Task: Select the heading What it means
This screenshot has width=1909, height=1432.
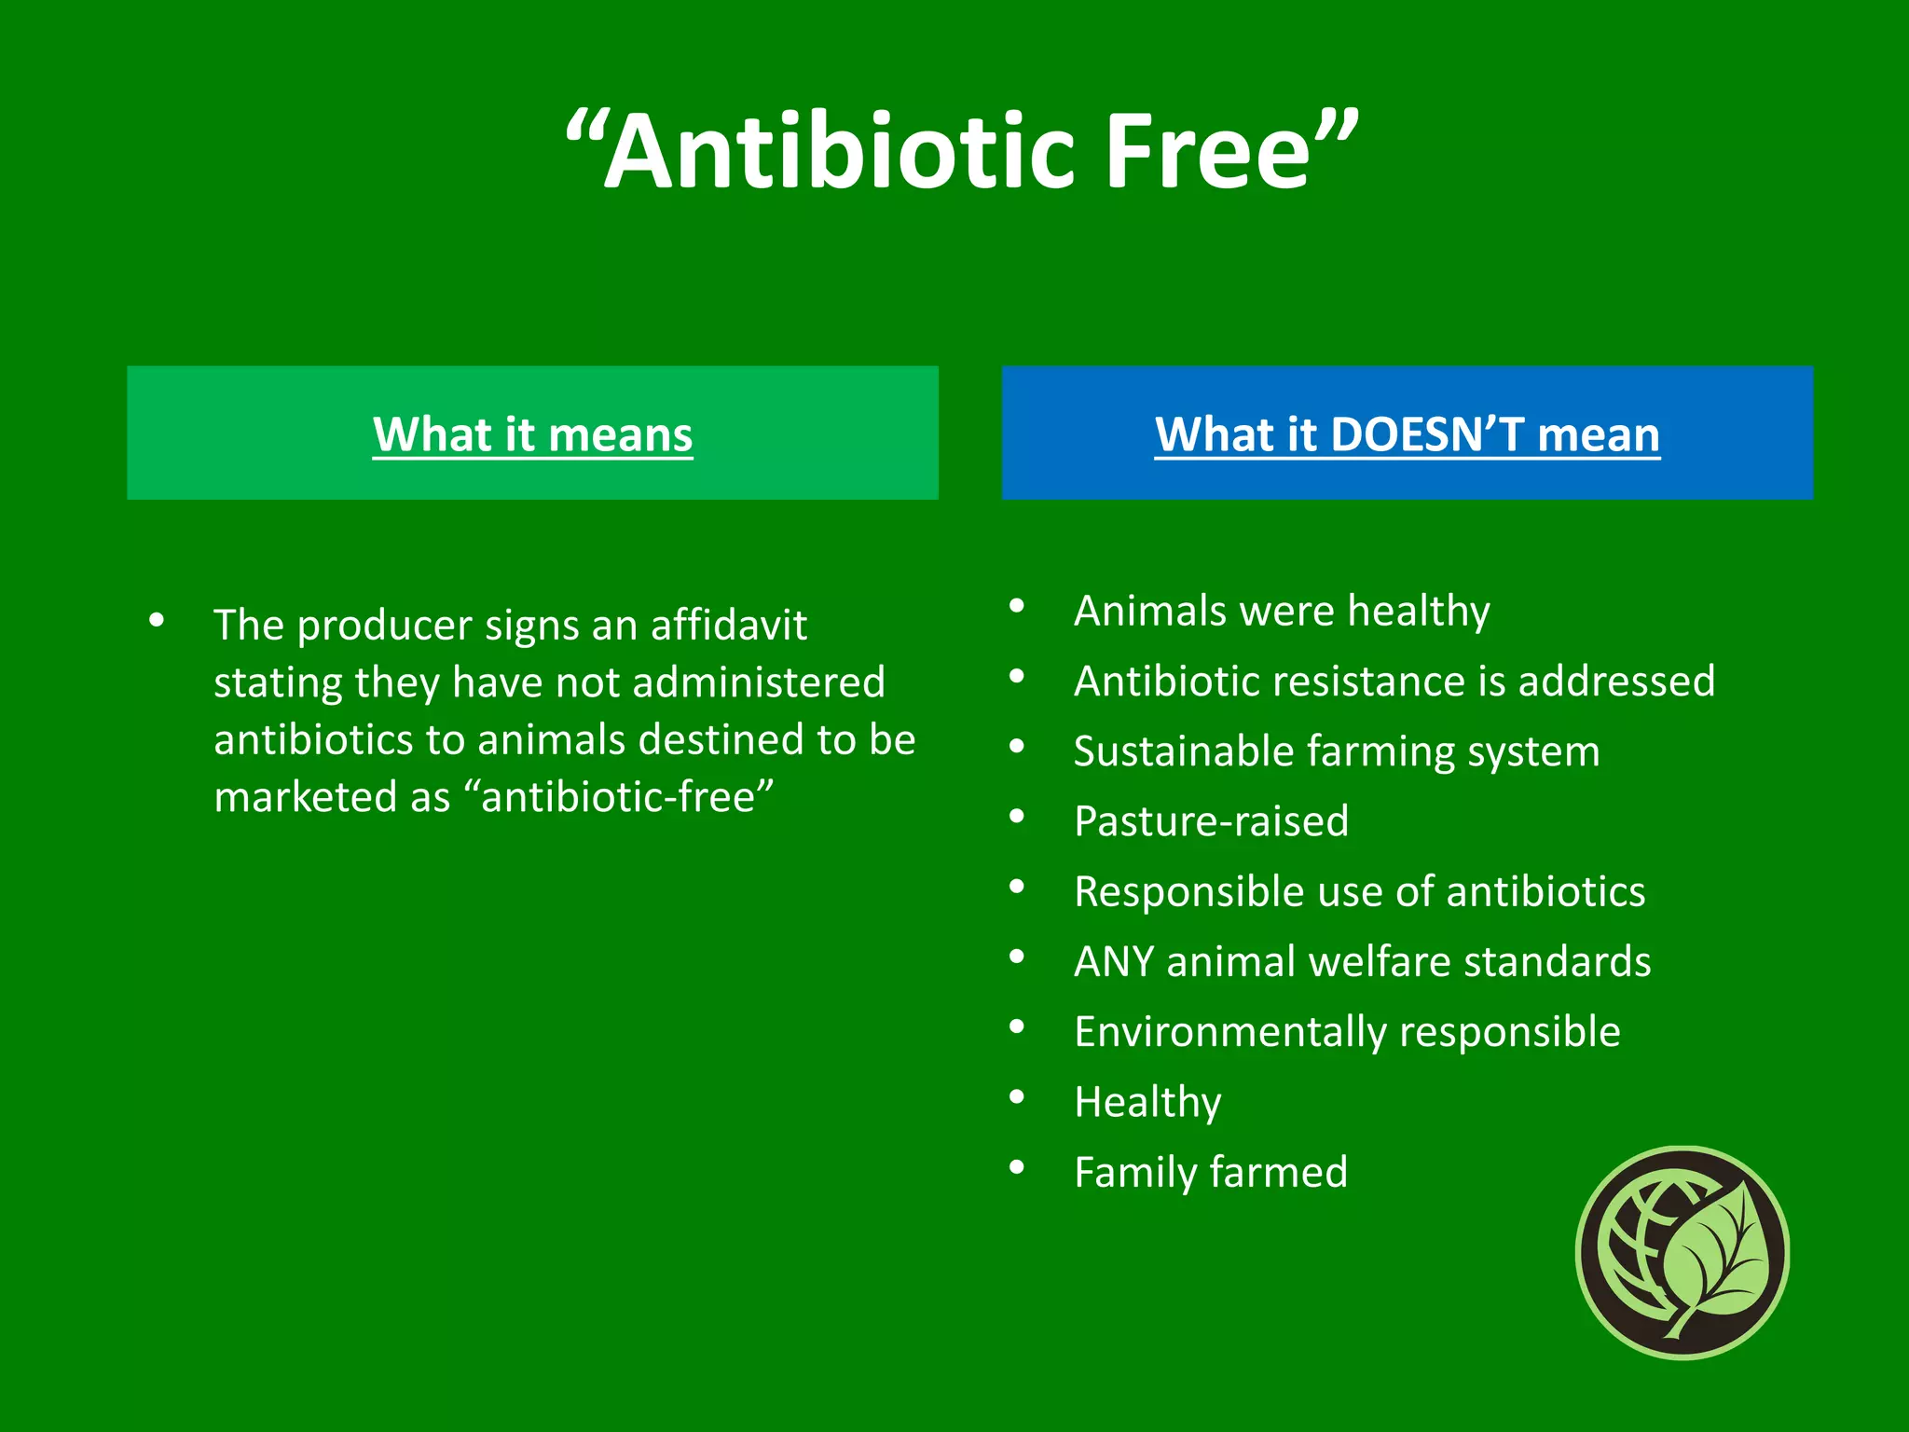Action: (532, 434)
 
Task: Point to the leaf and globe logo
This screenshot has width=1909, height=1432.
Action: (1682, 1252)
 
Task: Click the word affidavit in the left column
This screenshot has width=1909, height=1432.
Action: (728, 626)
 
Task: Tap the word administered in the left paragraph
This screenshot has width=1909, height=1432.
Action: (758, 682)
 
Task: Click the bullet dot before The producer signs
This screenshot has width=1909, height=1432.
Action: (157, 620)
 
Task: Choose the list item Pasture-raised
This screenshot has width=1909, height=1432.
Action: (1211, 821)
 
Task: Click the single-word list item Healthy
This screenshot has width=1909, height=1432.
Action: (1147, 1102)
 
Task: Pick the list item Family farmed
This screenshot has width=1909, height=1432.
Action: (1211, 1172)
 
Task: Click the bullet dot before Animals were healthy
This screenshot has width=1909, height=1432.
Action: (1017, 607)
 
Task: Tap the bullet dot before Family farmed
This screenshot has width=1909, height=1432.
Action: (1017, 1167)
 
